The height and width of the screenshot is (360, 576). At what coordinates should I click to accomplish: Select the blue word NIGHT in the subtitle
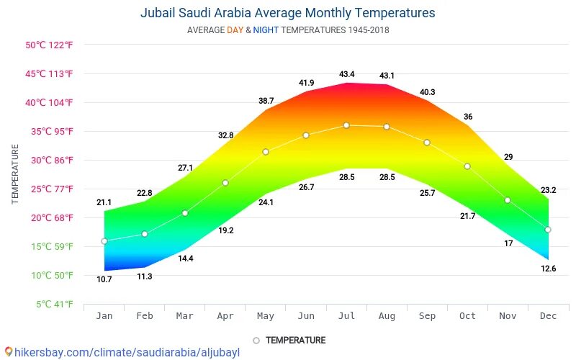tap(266, 30)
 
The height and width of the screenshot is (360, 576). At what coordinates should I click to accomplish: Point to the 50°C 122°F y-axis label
tap(50, 45)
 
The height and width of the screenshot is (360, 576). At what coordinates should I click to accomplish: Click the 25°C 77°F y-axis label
tap(50, 189)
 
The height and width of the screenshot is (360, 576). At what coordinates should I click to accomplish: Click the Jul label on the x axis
tap(346, 315)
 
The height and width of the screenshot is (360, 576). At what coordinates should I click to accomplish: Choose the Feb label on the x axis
tap(145, 315)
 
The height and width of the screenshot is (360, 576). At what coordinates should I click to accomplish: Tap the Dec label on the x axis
tap(548, 315)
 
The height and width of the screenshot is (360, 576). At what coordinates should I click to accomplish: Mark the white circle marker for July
tap(346, 125)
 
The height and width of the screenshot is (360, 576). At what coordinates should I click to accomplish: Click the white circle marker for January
tap(104, 241)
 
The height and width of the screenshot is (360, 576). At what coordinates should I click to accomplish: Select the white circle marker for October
tap(467, 166)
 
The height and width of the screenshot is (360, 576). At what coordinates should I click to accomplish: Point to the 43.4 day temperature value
tap(347, 75)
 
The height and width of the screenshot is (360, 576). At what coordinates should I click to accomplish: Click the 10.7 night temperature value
tap(104, 279)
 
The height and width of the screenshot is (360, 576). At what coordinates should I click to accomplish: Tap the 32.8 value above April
tap(225, 135)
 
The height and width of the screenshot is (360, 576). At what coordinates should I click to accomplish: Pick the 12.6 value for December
tap(549, 269)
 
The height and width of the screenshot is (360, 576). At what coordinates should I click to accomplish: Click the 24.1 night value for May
tap(266, 202)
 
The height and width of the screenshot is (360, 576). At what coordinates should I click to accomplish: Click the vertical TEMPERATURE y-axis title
tap(15, 174)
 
